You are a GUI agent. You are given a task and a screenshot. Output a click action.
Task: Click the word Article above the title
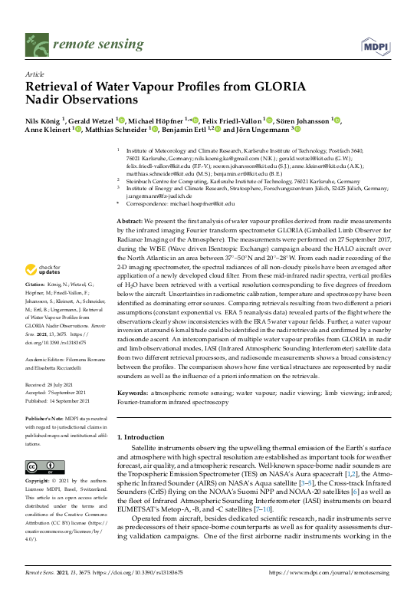coord(35,74)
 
